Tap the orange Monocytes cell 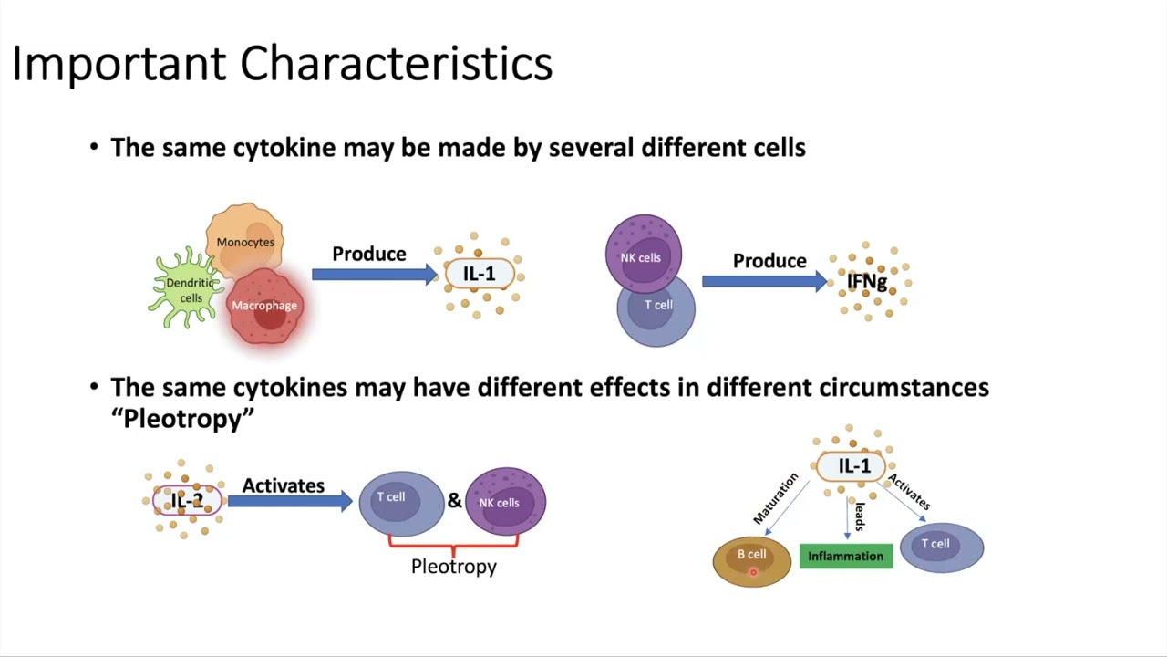pyautogui.click(x=244, y=239)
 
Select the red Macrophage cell pyautogui.click(x=264, y=308)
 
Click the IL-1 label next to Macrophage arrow pyautogui.click(x=479, y=274)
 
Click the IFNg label pyautogui.click(x=867, y=282)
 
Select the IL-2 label pyautogui.click(x=187, y=501)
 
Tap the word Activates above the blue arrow pyautogui.click(x=283, y=485)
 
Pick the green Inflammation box pyautogui.click(x=845, y=556)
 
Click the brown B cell pyautogui.click(x=752, y=559)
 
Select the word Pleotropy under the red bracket pyautogui.click(x=453, y=566)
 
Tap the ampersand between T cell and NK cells pyautogui.click(x=454, y=500)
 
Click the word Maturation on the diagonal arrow pyautogui.click(x=776, y=498)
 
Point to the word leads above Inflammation pyautogui.click(x=859, y=516)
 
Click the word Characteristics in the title pyautogui.click(x=396, y=64)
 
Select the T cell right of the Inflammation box pyautogui.click(x=941, y=547)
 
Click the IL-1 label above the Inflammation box pyautogui.click(x=854, y=466)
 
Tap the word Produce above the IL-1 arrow pyautogui.click(x=368, y=254)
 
